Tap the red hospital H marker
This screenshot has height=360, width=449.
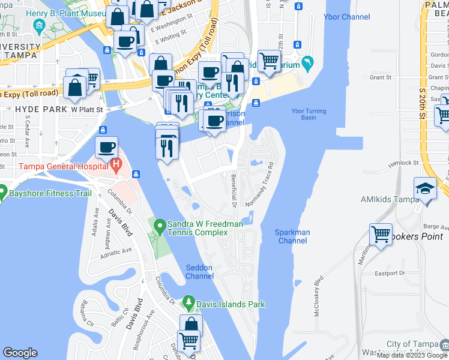pyautogui.click(x=115, y=163)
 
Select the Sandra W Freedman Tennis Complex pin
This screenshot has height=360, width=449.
pyautogui.click(x=160, y=227)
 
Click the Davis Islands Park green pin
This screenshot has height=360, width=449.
pyautogui.click(x=188, y=301)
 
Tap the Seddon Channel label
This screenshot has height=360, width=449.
pyautogui.click(x=200, y=272)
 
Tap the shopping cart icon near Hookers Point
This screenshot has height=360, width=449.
pyautogui.click(x=381, y=233)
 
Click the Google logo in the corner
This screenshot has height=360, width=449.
pyautogui.click(x=20, y=353)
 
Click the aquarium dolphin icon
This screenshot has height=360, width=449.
pyautogui.click(x=308, y=62)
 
